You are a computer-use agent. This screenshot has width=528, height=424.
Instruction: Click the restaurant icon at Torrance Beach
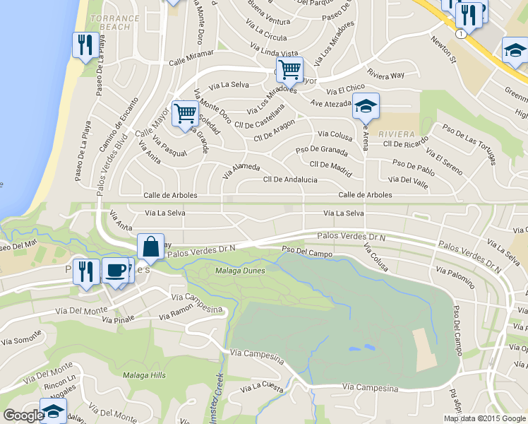pyautogui.click(x=85, y=45)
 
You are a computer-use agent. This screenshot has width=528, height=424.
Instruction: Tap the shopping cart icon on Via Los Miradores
pyautogui.click(x=289, y=69)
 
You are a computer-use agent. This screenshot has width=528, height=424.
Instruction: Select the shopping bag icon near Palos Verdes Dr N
pyautogui.click(x=150, y=247)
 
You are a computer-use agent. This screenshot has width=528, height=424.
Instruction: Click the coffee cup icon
pyautogui.click(x=116, y=269)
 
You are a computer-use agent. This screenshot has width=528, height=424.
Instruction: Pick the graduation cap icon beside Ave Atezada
pyautogui.click(x=366, y=106)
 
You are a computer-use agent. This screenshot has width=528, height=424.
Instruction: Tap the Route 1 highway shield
pyautogui.click(x=460, y=34)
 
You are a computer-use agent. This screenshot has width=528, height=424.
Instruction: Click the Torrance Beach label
pyautogui.click(x=111, y=21)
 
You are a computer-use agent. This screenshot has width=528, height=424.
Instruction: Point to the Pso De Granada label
pyautogui.click(x=322, y=150)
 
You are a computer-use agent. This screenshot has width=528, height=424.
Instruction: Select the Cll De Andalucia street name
pyautogui.click(x=290, y=179)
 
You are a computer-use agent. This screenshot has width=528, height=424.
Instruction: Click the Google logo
pyautogui.click(x=23, y=415)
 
